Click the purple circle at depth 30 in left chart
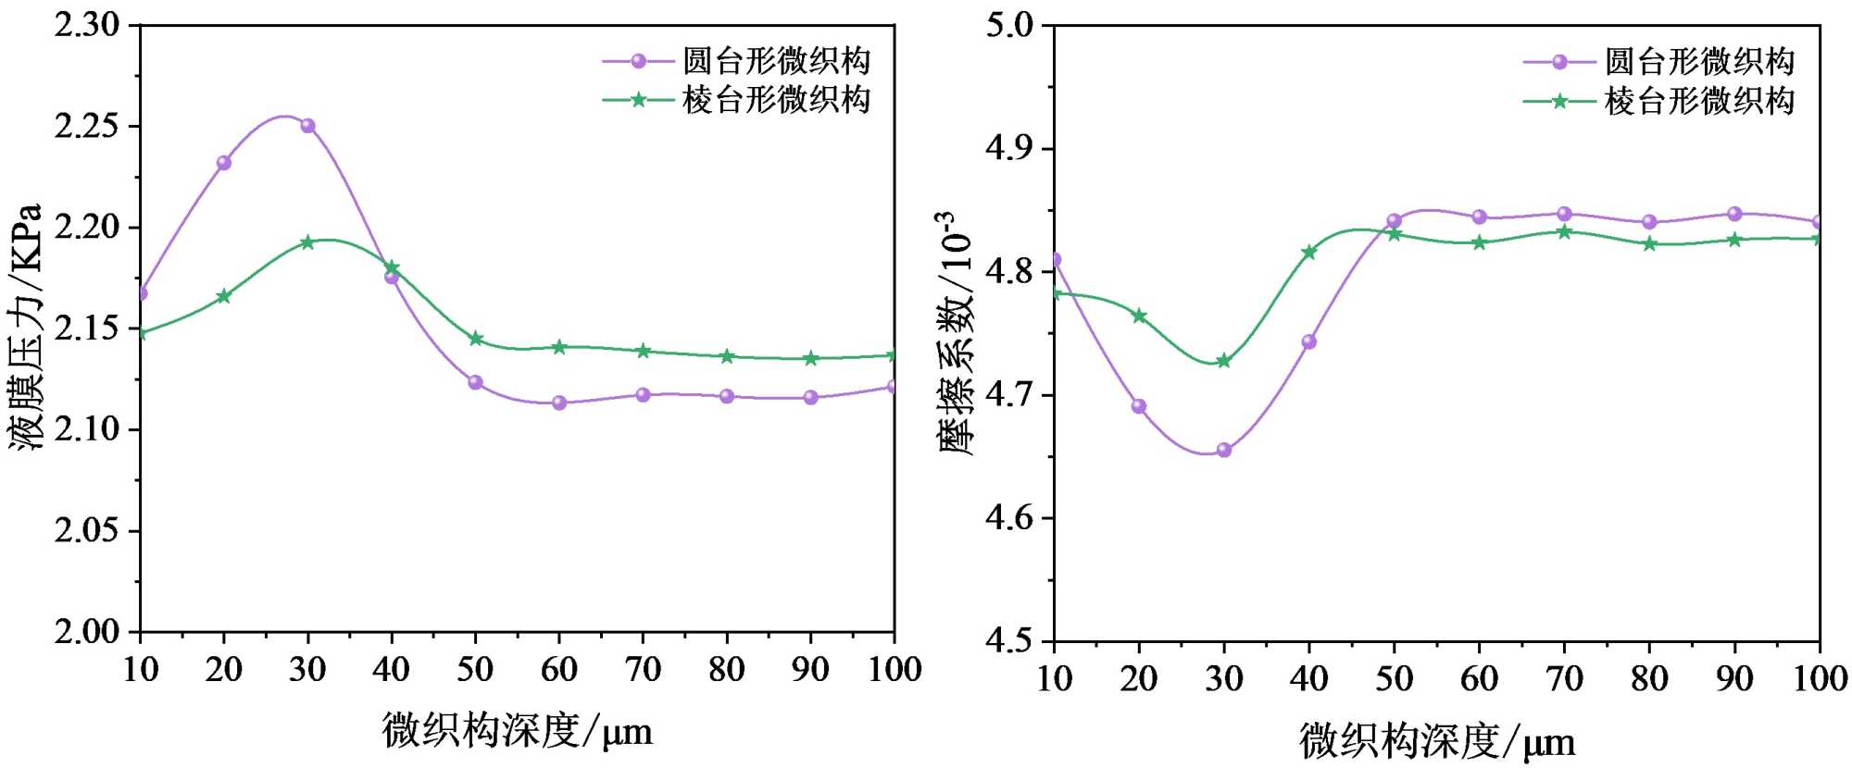307,126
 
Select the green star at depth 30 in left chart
307,242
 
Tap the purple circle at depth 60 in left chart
559,403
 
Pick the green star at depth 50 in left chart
476,339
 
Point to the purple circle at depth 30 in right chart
1224,450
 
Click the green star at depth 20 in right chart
1139,316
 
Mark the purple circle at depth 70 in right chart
1564,214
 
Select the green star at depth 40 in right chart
1309,252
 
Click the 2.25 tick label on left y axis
87,126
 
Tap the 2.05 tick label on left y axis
87,531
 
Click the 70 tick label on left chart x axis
643,669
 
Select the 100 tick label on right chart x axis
1820,679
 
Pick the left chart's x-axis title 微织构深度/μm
517,731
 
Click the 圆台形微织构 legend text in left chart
776,61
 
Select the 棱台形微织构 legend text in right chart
1699,101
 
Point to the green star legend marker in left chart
638,99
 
